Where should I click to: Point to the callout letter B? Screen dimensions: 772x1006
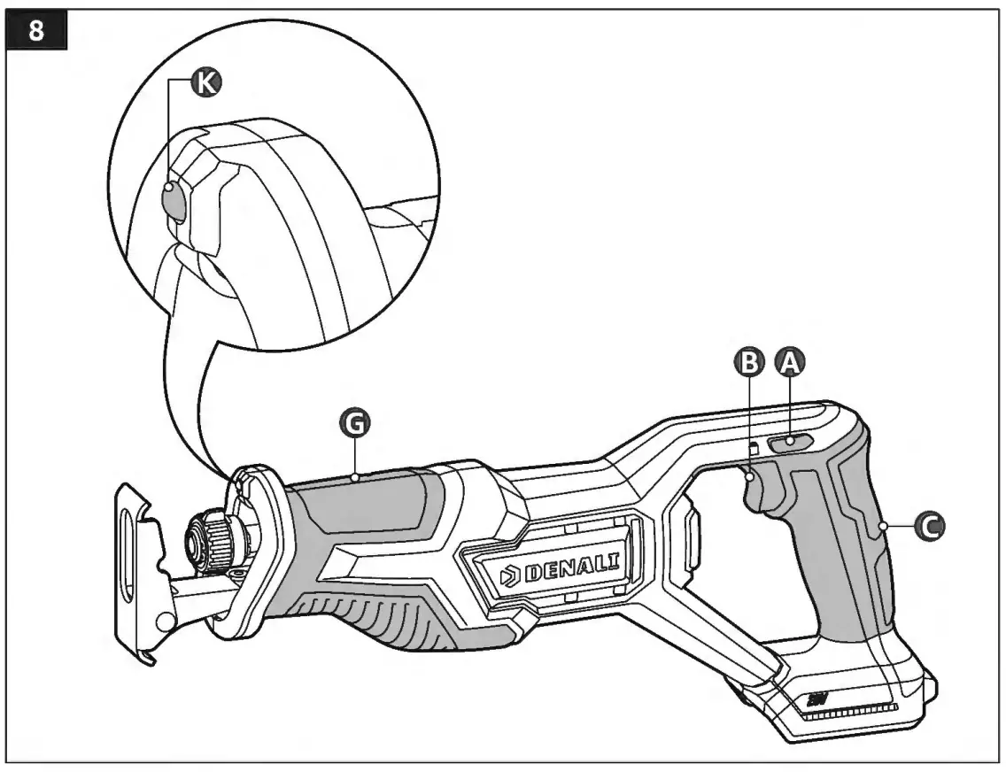(750, 360)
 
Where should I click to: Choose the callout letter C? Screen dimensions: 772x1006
(929, 527)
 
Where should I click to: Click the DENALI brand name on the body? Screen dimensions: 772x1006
(575, 567)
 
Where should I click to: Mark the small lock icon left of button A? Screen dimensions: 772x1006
(754, 448)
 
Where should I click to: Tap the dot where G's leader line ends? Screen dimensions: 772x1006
(354, 477)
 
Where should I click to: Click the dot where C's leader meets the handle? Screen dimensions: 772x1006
(884, 527)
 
